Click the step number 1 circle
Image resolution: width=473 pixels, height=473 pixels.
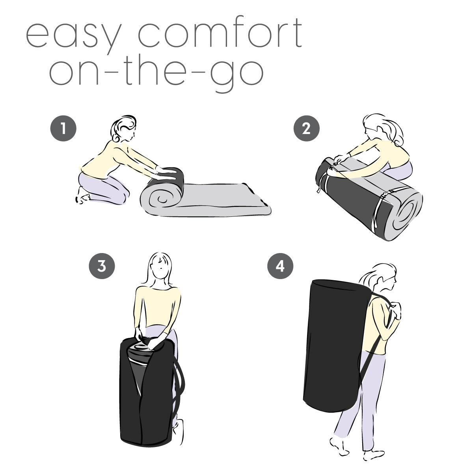(63, 128)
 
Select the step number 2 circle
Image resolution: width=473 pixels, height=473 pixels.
(307, 128)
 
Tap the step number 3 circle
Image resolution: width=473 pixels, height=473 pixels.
(102, 266)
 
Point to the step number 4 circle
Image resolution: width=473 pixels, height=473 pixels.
(280, 266)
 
